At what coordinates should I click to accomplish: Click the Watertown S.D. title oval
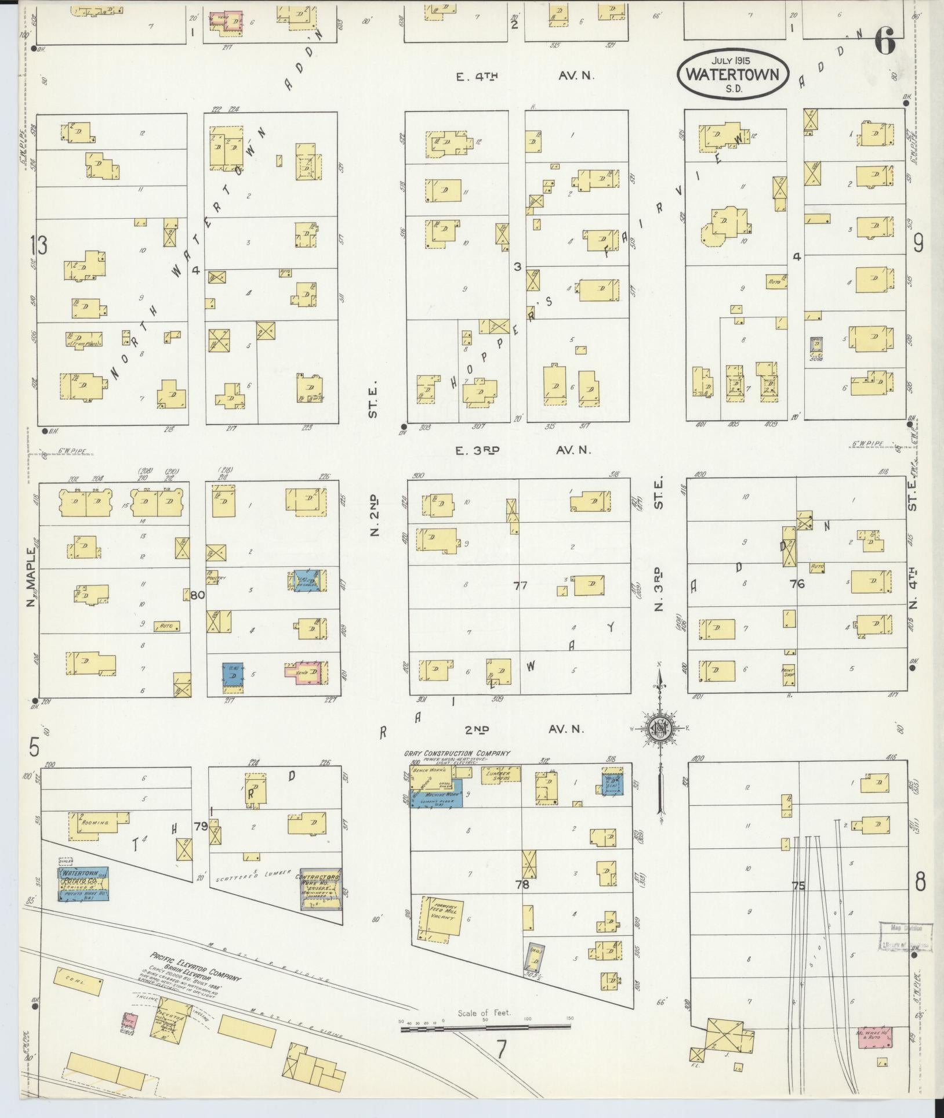pos(734,74)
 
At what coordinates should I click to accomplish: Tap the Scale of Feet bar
pos(485,622)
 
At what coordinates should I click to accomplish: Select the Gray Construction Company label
pos(458,754)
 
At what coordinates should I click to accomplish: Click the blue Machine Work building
pos(436,798)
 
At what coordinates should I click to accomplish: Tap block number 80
pos(198,594)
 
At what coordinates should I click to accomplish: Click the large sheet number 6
pos(885,44)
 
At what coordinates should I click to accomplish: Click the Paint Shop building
pos(788,671)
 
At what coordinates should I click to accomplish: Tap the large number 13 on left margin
pos(39,247)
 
